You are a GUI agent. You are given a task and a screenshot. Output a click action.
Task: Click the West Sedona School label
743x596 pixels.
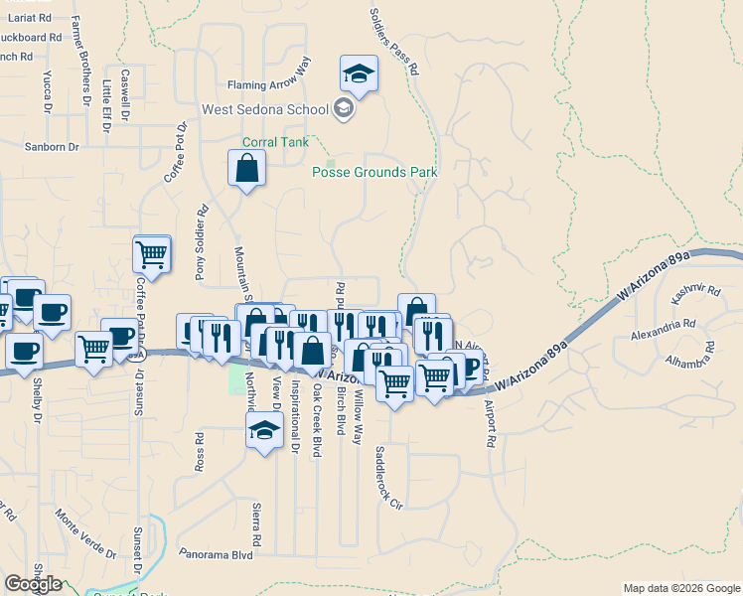pyautogui.click(x=265, y=109)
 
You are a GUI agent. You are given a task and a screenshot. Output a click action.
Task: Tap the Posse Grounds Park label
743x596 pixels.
pyautogui.click(x=374, y=172)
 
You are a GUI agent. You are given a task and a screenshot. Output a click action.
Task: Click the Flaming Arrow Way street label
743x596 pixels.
pyautogui.click(x=269, y=85)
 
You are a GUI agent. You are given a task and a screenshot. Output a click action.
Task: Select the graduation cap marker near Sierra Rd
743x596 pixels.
pyautogui.click(x=263, y=430)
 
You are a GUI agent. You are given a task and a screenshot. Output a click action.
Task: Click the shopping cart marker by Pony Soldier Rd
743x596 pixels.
pyautogui.click(x=152, y=253)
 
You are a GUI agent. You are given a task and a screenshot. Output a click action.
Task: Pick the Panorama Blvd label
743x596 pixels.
pyautogui.click(x=218, y=554)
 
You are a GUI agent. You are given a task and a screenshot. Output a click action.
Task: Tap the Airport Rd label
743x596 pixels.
pyautogui.click(x=489, y=423)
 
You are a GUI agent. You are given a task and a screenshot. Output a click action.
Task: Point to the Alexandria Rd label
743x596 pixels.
pyautogui.click(x=663, y=324)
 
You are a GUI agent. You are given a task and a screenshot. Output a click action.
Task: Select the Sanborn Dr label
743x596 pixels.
pyautogui.click(x=52, y=146)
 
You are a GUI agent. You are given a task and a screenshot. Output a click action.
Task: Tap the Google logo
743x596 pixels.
pyautogui.click(x=33, y=584)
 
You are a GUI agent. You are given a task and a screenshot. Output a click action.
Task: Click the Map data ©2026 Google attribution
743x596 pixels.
pyautogui.click(x=680, y=588)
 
